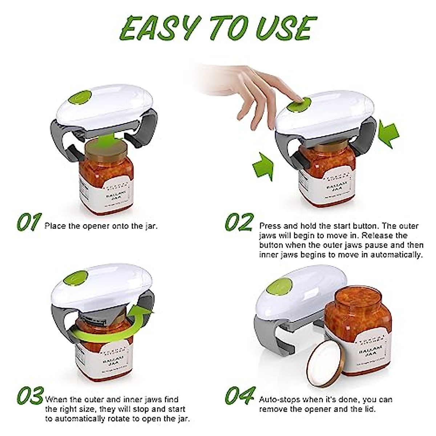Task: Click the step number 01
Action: [29, 222]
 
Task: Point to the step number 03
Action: [31, 396]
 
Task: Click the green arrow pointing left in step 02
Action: [388, 134]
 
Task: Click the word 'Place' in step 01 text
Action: [55, 226]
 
